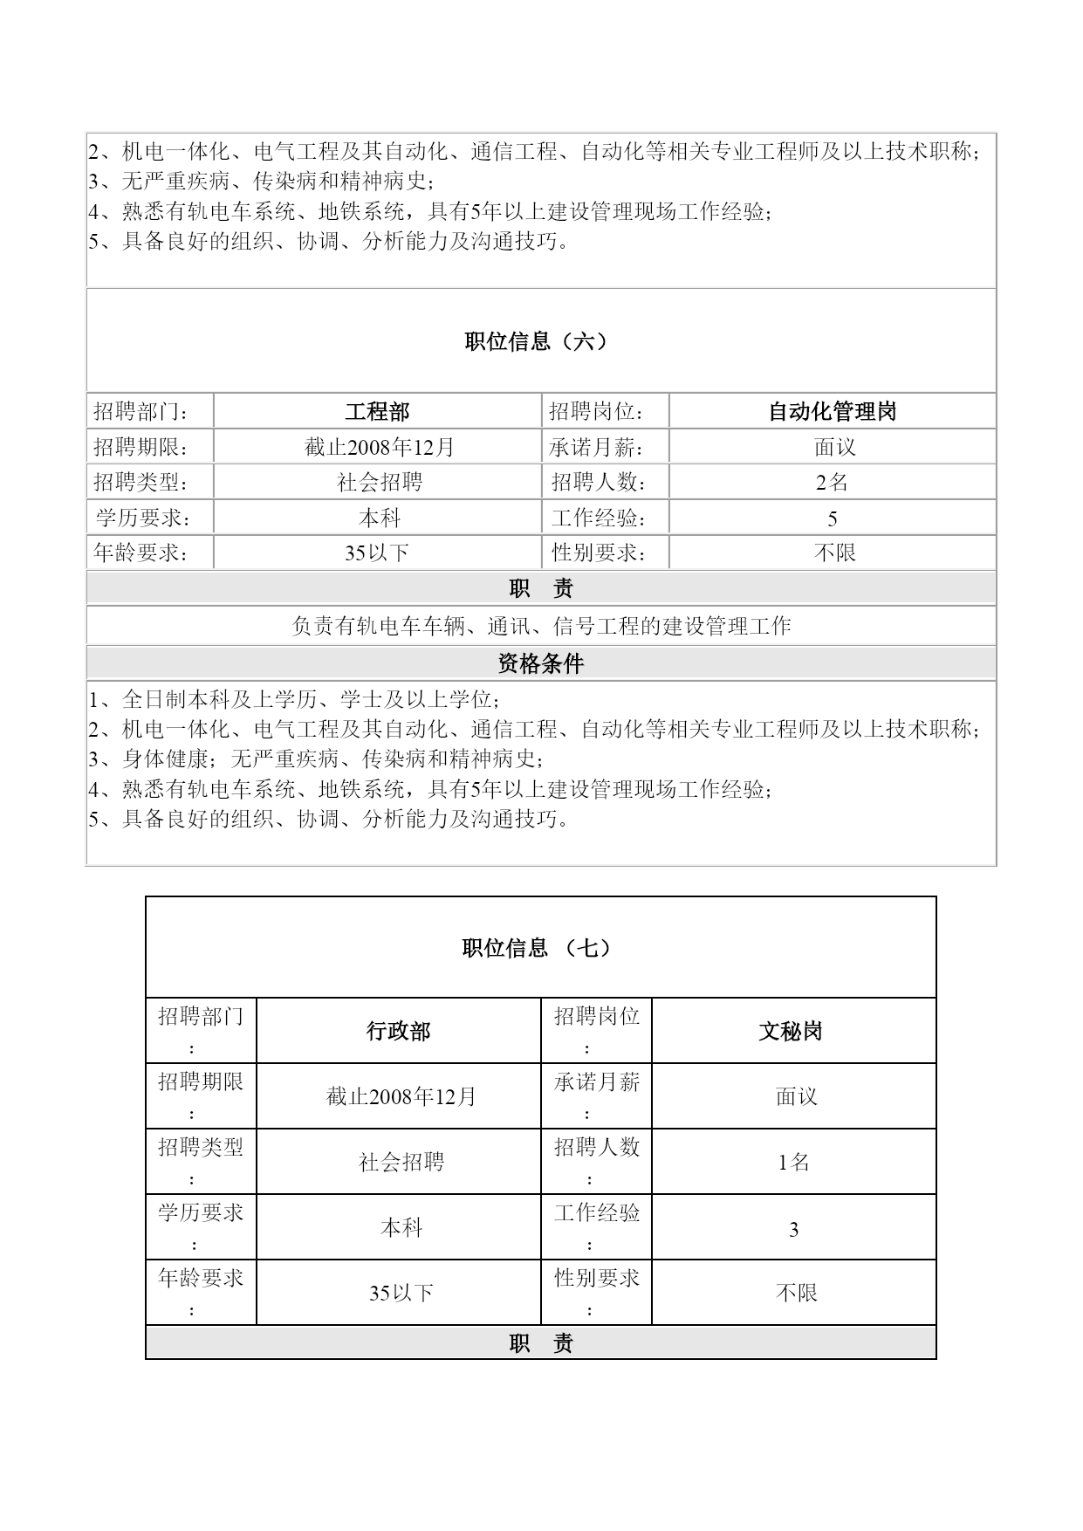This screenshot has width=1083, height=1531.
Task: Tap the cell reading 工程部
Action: [377, 412]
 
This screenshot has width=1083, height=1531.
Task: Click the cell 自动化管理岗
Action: [833, 412]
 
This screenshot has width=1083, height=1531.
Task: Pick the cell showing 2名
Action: [833, 483]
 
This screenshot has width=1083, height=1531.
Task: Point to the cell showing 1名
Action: [794, 1163]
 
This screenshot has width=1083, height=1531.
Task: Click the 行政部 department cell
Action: [399, 1032]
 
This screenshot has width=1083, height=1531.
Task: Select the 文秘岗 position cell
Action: [791, 1032]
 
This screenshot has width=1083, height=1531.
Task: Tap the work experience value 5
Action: [833, 519]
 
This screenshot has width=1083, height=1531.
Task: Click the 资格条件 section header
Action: [541, 664]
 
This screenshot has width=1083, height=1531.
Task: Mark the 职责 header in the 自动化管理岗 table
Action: [541, 589]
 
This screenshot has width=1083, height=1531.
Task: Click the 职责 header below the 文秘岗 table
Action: [541, 1344]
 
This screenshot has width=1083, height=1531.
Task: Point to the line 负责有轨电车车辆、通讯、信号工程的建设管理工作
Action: [541, 627]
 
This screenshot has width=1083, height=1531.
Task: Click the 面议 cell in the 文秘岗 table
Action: [797, 1097]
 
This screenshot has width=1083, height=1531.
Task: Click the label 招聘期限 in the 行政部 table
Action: [201, 1083]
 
